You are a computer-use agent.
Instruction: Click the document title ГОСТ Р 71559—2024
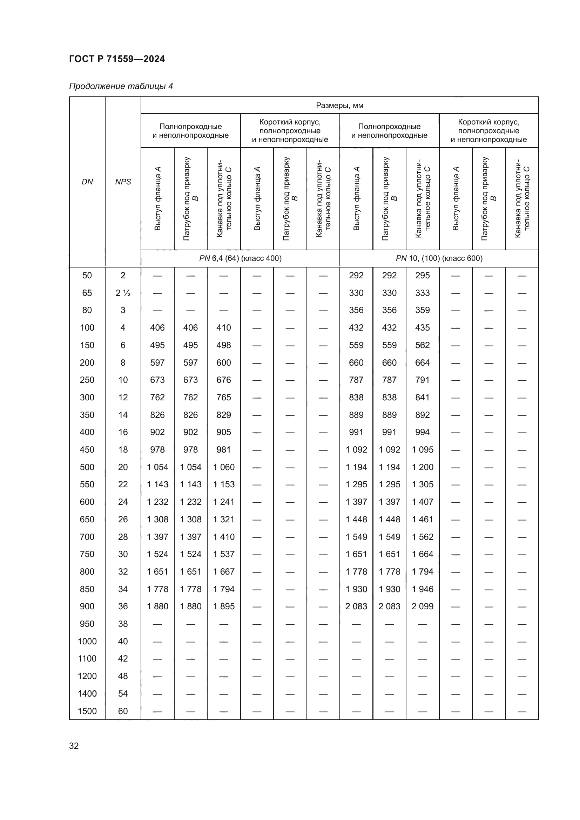point(117,59)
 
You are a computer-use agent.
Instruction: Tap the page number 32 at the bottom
point(74,746)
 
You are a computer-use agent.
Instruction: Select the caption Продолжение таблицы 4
point(121,87)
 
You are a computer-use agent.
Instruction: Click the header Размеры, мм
point(339,106)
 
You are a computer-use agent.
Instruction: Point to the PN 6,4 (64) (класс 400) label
point(240,258)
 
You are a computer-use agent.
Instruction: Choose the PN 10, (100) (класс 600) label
point(439,258)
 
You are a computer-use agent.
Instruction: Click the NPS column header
point(123,182)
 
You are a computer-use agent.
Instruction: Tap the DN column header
point(87,182)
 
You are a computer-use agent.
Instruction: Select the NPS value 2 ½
point(123,293)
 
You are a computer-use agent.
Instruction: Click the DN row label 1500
point(87,711)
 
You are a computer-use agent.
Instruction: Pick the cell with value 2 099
point(422,606)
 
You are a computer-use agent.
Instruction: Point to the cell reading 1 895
point(224,606)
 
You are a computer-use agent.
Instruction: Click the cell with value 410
point(224,327)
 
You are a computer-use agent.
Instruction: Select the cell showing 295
point(422,275)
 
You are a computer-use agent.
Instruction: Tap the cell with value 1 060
point(224,467)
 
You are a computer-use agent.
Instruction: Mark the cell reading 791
point(422,380)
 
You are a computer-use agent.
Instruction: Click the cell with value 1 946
point(422,589)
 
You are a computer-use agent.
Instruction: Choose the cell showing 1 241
point(224,502)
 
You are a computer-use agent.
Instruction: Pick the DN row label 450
point(87,449)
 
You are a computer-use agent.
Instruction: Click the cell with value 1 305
point(422,484)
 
